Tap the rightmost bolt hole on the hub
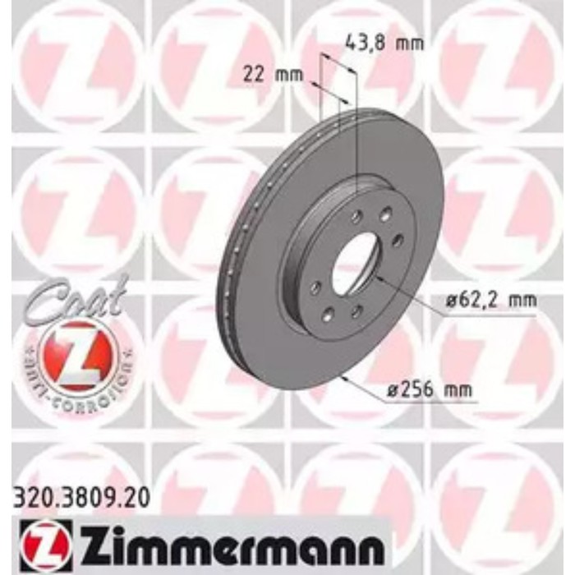(x=398, y=238)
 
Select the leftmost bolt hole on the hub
(x=315, y=287)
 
